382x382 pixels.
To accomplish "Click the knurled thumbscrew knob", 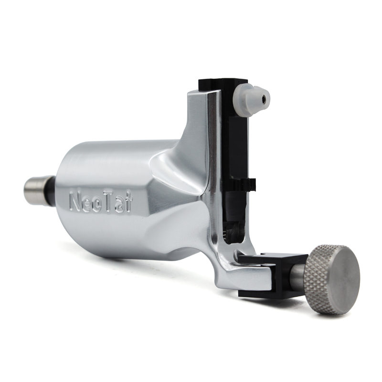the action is point(332,279).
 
